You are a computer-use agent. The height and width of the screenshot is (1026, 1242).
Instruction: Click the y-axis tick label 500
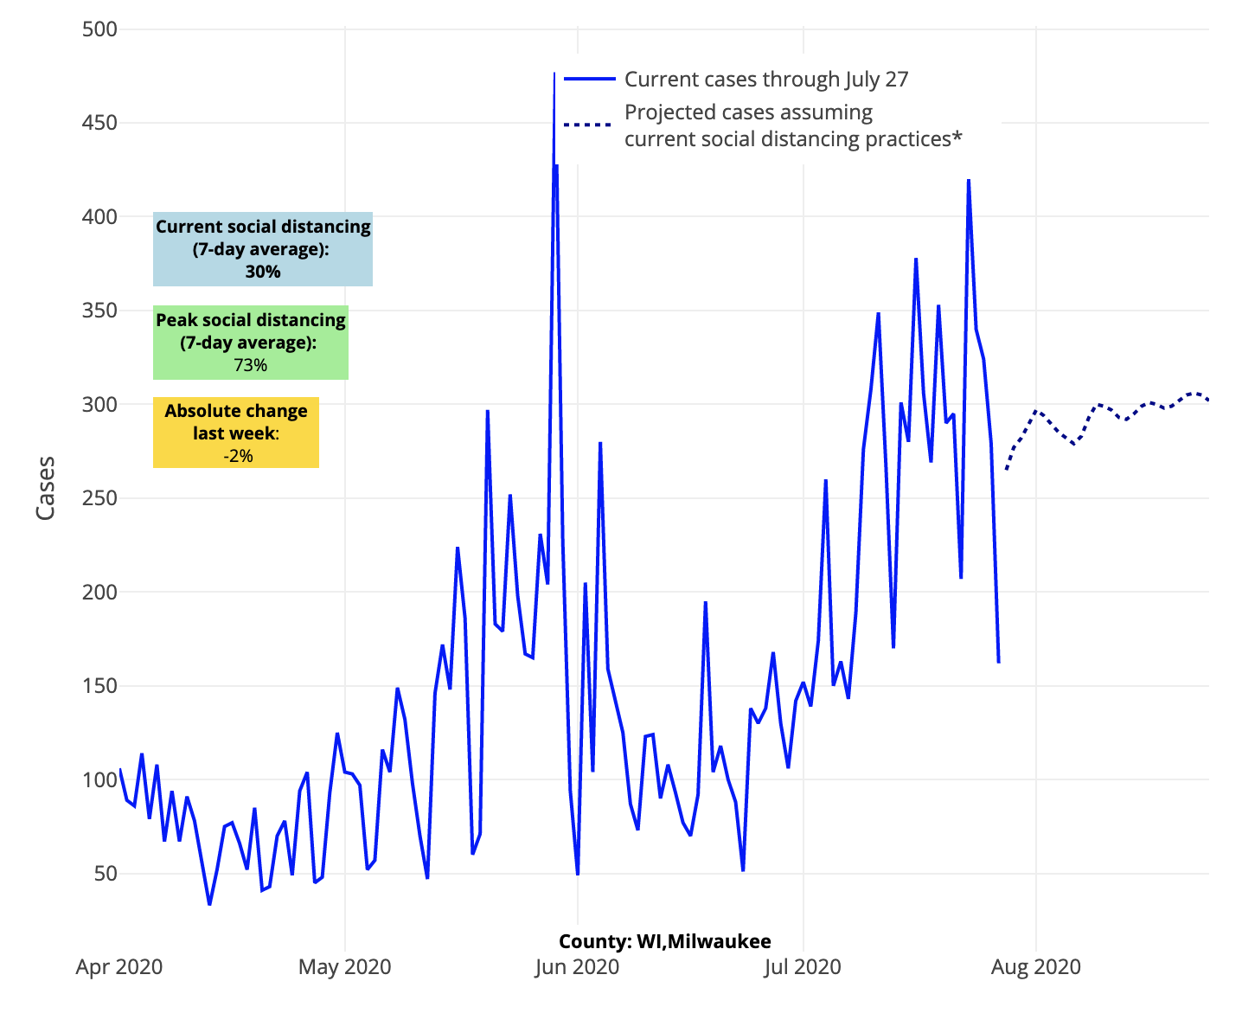[x=99, y=29]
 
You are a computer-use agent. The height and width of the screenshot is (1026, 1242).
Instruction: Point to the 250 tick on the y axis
[x=99, y=498]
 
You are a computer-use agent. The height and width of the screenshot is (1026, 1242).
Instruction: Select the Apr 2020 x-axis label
[x=119, y=966]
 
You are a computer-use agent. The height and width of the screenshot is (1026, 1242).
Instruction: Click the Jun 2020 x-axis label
[x=577, y=966]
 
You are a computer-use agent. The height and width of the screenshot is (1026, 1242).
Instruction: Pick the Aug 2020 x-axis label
[x=1035, y=966]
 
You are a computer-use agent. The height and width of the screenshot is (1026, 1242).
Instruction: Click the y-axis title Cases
[x=45, y=488]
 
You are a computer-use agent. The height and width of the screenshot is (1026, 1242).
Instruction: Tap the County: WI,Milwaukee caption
[x=664, y=941]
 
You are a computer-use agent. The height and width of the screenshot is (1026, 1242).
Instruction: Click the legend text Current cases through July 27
[x=766, y=80]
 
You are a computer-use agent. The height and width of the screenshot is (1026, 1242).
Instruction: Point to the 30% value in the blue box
[x=263, y=272]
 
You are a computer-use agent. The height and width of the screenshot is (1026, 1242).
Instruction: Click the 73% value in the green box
[x=250, y=365]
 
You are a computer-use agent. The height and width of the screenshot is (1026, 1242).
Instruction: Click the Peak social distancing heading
[x=251, y=320]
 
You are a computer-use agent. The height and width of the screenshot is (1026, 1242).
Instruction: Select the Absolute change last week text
[x=236, y=421]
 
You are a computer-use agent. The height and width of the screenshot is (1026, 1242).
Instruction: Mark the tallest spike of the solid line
[x=554, y=75]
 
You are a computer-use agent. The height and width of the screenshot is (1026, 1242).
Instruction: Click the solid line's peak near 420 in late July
[x=969, y=180]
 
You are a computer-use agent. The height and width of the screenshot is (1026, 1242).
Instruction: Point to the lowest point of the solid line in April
[x=209, y=904]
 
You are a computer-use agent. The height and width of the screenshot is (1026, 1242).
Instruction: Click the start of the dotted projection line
[x=1007, y=469]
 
